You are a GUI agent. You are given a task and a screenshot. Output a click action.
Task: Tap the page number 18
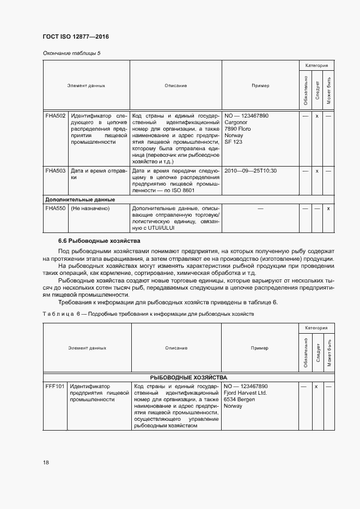tap(46, 462)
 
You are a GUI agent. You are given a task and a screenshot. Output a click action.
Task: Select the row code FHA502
tap(56, 116)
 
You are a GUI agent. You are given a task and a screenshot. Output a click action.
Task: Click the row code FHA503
tap(56, 171)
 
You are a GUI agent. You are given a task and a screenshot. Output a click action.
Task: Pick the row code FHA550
tap(56, 208)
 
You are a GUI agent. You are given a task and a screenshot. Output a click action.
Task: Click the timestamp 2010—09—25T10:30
tap(251, 171)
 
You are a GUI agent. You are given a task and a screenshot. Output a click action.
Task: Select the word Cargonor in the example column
tap(235, 122)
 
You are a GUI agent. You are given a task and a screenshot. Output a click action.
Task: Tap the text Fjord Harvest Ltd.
tap(246, 393)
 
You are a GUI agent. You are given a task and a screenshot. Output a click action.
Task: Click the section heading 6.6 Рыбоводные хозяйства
tap(99, 241)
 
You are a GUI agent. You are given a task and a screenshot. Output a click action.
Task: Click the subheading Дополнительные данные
tap(80, 200)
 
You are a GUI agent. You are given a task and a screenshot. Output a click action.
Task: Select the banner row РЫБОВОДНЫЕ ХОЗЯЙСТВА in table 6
tap(189, 377)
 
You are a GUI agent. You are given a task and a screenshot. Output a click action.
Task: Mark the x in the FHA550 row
tap(328, 208)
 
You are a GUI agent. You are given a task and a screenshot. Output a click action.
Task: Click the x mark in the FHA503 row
tap(317, 171)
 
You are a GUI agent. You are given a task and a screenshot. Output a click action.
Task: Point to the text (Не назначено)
tap(90, 208)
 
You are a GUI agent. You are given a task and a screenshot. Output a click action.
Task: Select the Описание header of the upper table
tap(175, 85)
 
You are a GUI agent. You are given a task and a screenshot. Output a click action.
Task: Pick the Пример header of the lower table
tap(260, 348)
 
